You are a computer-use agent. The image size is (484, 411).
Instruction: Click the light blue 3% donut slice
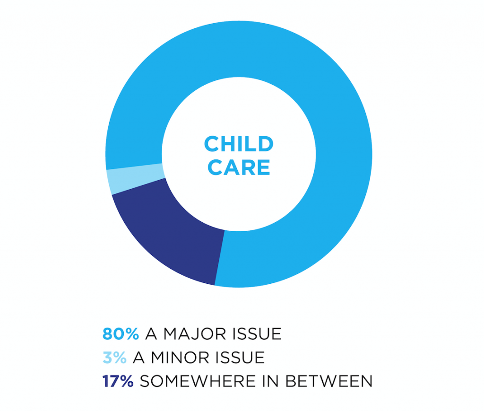point(135,179)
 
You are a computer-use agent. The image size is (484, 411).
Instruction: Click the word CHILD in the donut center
point(239,144)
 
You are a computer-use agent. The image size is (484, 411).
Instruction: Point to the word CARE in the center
point(239,167)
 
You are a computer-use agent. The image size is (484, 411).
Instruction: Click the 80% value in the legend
point(121,334)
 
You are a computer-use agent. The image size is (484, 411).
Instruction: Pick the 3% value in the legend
point(114,358)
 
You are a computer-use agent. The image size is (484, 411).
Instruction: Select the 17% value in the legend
point(118,381)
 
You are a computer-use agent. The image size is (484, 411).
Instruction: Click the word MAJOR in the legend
point(195,334)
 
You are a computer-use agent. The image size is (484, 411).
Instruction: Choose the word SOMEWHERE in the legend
point(198,381)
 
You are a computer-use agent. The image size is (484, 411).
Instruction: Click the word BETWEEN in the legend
point(329,381)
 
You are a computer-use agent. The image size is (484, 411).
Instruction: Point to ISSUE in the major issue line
point(257,334)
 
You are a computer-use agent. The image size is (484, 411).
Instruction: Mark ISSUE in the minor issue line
point(240,358)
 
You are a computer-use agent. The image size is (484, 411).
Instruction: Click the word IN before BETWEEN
point(271,381)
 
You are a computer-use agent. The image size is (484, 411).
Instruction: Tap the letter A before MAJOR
point(151,334)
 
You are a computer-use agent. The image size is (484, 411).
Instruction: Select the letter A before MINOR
point(138,358)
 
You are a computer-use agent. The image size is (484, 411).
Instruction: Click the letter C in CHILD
point(212,144)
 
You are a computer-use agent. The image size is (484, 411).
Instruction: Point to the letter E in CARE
point(264,167)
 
